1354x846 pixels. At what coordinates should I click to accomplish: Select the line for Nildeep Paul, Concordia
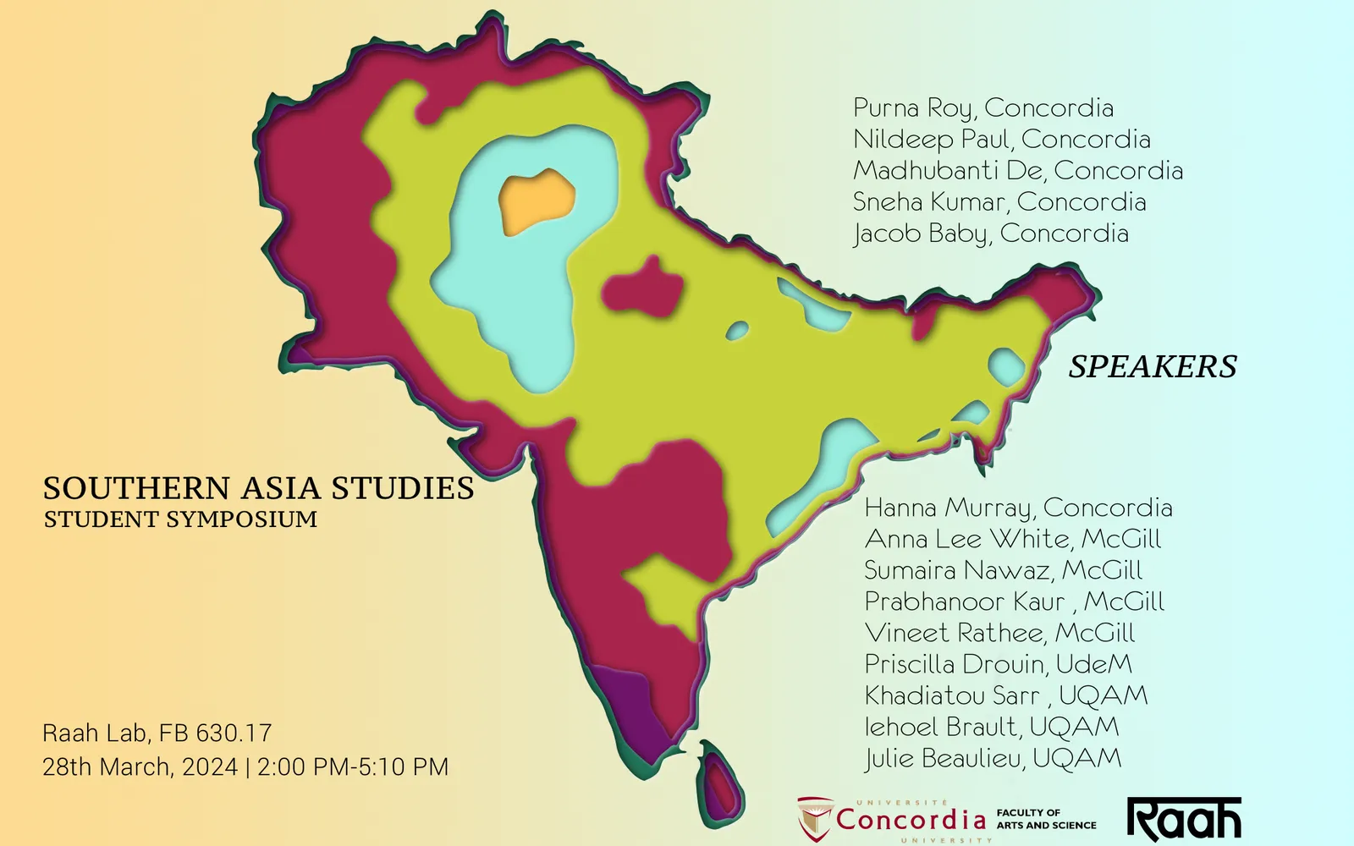[x=1001, y=140]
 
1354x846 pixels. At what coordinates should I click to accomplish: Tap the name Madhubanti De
[x=947, y=171]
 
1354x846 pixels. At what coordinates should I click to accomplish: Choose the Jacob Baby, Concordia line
[x=990, y=233]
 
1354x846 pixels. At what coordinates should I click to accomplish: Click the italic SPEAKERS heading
[x=1152, y=366]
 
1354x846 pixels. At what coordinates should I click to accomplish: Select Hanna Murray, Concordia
[x=1018, y=508]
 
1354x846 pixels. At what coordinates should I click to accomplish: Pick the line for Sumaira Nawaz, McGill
[x=1003, y=570]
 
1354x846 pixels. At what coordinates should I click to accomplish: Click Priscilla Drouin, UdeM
[x=998, y=664]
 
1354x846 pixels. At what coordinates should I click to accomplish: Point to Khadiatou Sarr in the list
[x=940, y=695]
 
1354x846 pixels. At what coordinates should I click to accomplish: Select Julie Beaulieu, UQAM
[x=993, y=758]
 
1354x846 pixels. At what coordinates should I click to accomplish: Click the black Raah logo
[x=1184, y=818]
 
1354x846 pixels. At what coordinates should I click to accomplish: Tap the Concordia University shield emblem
[x=814, y=818]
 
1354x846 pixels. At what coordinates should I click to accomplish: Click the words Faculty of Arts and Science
[x=1046, y=819]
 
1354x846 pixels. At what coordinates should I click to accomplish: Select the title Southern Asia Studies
[x=258, y=488]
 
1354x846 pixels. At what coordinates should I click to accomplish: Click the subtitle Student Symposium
[x=180, y=519]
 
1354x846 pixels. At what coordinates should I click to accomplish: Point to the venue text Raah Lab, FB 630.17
[x=157, y=733]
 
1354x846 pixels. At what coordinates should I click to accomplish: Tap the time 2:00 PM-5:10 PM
[x=353, y=767]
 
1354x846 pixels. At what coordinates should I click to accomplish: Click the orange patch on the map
[x=537, y=200]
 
